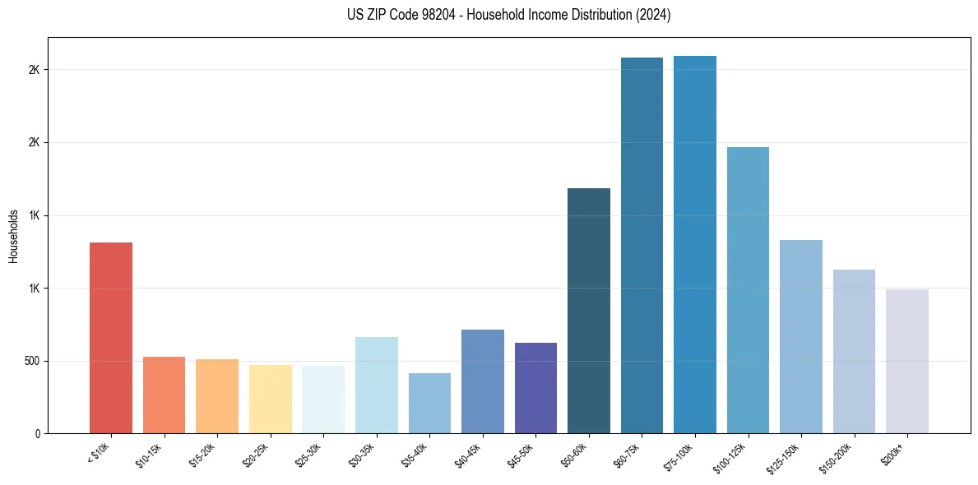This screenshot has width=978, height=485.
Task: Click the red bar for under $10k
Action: coord(111,337)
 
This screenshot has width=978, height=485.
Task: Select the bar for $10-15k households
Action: coord(164,395)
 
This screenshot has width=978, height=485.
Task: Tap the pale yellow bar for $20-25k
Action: coord(270,399)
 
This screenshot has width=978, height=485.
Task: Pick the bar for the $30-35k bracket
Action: coord(376,385)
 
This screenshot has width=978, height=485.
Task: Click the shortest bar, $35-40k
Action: coord(429,403)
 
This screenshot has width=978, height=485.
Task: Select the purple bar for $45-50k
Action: coord(535,388)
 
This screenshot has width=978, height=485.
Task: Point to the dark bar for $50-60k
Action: coord(588,311)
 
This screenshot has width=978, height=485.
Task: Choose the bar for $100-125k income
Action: coord(748,290)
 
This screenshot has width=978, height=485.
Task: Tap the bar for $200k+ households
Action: coord(906,361)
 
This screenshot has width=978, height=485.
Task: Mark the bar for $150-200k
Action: coord(854,351)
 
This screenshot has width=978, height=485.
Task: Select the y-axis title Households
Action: coord(13,235)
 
